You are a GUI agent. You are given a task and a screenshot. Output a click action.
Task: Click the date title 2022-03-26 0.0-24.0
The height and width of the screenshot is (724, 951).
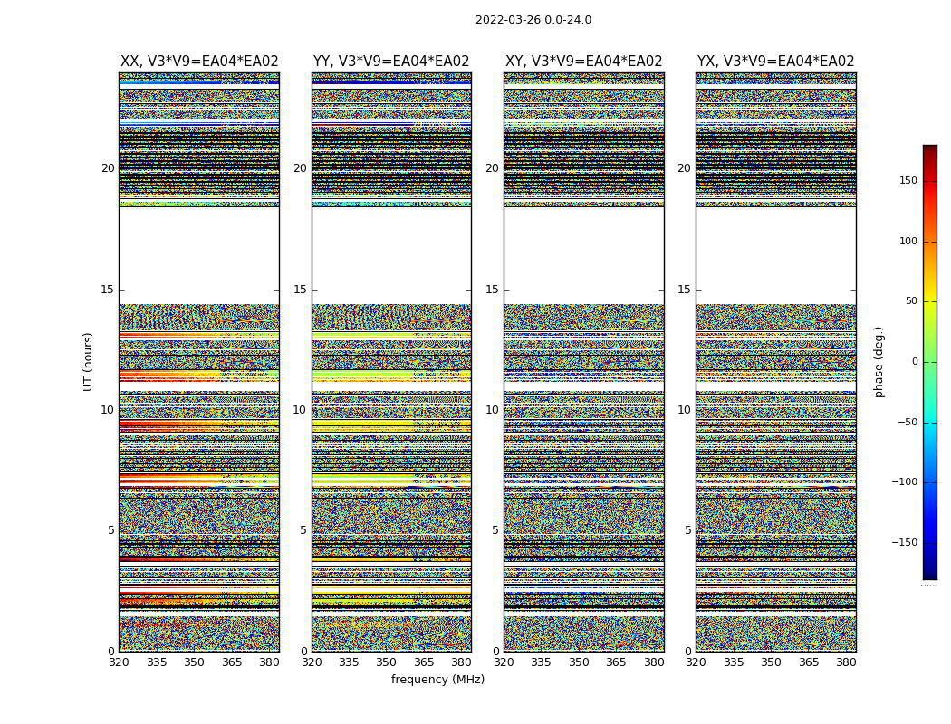click(x=533, y=20)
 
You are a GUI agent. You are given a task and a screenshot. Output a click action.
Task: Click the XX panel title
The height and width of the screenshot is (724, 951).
click(x=199, y=62)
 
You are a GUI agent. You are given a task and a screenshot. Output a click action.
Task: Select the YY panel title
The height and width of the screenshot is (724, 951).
click(x=391, y=62)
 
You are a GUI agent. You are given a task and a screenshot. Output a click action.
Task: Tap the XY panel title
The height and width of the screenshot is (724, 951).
click(x=584, y=62)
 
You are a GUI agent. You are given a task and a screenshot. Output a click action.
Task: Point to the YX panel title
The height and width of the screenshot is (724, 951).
click(x=776, y=62)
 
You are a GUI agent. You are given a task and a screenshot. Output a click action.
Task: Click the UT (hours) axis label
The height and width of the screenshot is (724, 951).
click(x=88, y=361)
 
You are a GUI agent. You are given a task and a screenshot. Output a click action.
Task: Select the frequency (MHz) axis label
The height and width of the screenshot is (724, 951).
click(x=437, y=680)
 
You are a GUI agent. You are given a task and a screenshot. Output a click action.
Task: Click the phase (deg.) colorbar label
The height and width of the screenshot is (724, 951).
click(x=879, y=361)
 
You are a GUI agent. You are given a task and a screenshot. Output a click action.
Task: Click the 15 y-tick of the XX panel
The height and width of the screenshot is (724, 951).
click(x=108, y=290)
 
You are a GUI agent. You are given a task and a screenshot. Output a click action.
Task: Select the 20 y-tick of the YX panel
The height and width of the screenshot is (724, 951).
click(x=685, y=168)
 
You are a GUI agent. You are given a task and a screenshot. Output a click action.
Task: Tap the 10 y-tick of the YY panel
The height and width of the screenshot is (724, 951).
click(x=300, y=410)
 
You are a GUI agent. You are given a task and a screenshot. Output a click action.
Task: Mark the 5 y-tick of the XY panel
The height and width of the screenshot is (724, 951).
click(x=495, y=530)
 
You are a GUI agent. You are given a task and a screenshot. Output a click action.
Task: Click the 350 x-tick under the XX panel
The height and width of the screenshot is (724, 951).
click(x=194, y=662)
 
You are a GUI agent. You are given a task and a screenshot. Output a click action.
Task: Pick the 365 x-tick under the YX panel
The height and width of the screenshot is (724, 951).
click(x=809, y=662)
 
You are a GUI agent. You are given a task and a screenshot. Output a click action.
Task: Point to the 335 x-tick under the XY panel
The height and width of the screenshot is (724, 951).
click(x=541, y=662)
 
